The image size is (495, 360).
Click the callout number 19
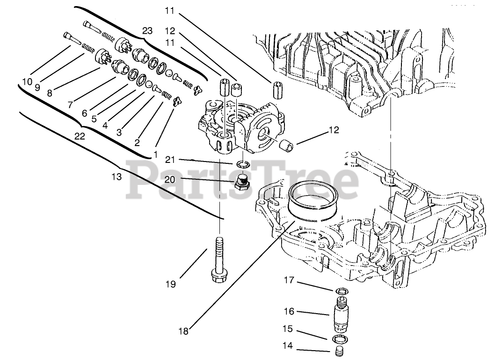pos(170,284)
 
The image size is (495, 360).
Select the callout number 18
pos(183,331)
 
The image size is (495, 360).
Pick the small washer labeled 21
pos(242,163)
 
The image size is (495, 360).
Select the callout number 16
pos(289,310)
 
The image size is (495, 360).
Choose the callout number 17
pos(289,280)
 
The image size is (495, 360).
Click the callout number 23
pos(147,31)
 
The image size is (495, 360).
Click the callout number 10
pos(27,81)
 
